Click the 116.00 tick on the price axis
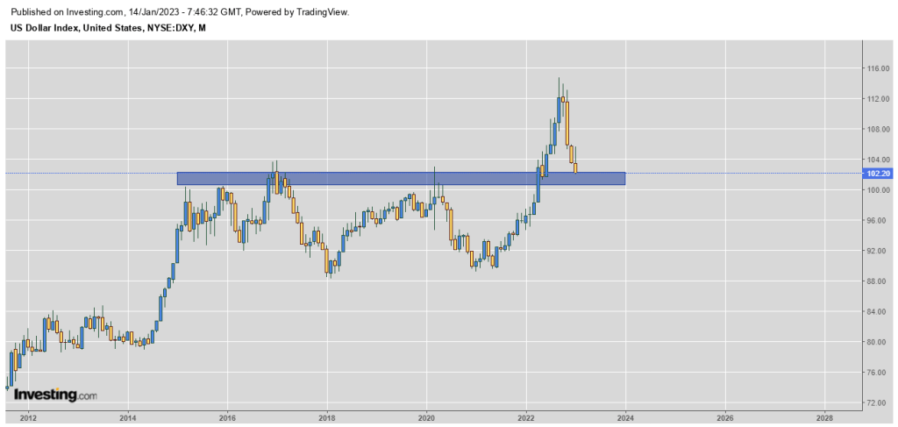pos(879,68)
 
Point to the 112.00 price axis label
pos(879,99)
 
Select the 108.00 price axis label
pos(879,130)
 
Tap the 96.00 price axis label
pos(879,221)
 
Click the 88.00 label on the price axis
pos(879,281)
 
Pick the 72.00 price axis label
pos(879,403)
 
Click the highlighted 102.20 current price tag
pos(879,173)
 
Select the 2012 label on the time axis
pos(27,416)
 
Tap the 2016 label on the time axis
pos(227,416)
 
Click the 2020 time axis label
pos(426,416)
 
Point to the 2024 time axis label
pos(625,416)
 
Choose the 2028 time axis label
pos(824,416)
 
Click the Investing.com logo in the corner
pos(55,395)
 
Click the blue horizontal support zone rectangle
pos(401,178)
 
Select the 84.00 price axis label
pos(879,312)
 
